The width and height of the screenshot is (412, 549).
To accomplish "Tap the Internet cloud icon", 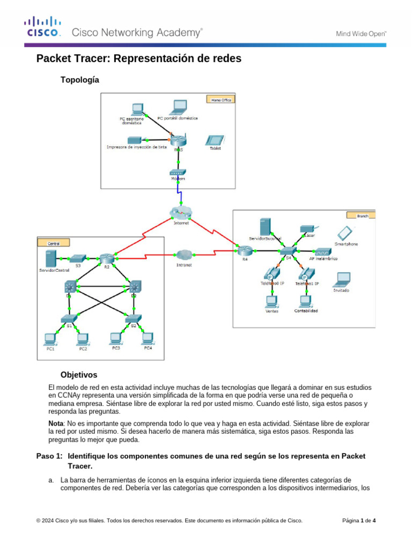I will (181, 212).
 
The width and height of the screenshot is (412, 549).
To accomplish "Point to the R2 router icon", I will (105, 259).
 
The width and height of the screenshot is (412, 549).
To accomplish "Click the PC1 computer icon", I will (50, 338).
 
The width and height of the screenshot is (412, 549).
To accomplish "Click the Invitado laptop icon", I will (341, 279).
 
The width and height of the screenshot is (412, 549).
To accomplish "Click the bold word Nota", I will (56, 423).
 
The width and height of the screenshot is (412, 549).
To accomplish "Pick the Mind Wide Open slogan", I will (360, 33).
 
